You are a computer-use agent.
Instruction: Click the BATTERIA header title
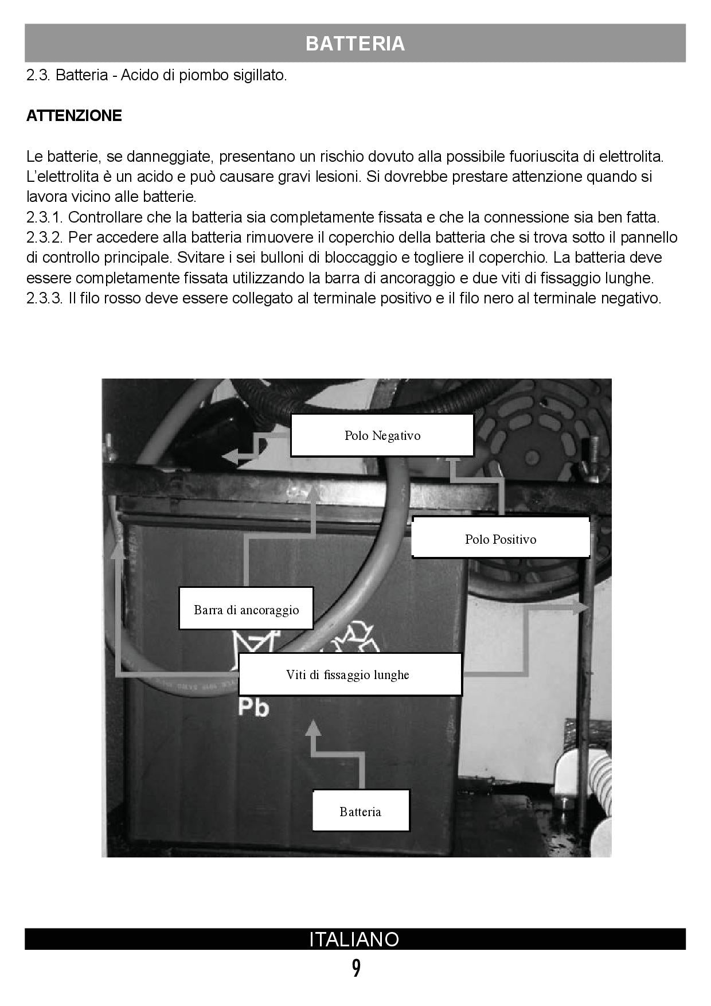click(355, 44)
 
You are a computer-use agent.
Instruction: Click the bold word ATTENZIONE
click(74, 115)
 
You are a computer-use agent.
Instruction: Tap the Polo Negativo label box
click(382, 435)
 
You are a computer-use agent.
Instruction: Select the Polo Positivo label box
click(501, 539)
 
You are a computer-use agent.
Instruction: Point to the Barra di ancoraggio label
click(246, 609)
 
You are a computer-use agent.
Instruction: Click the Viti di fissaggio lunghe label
click(349, 674)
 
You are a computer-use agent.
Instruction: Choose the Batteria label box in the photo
click(360, 811)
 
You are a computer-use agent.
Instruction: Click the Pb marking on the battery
click(253, 707)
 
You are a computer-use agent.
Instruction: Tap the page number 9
click(356, 969)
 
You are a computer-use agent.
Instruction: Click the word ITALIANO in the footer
click(354, 939)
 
